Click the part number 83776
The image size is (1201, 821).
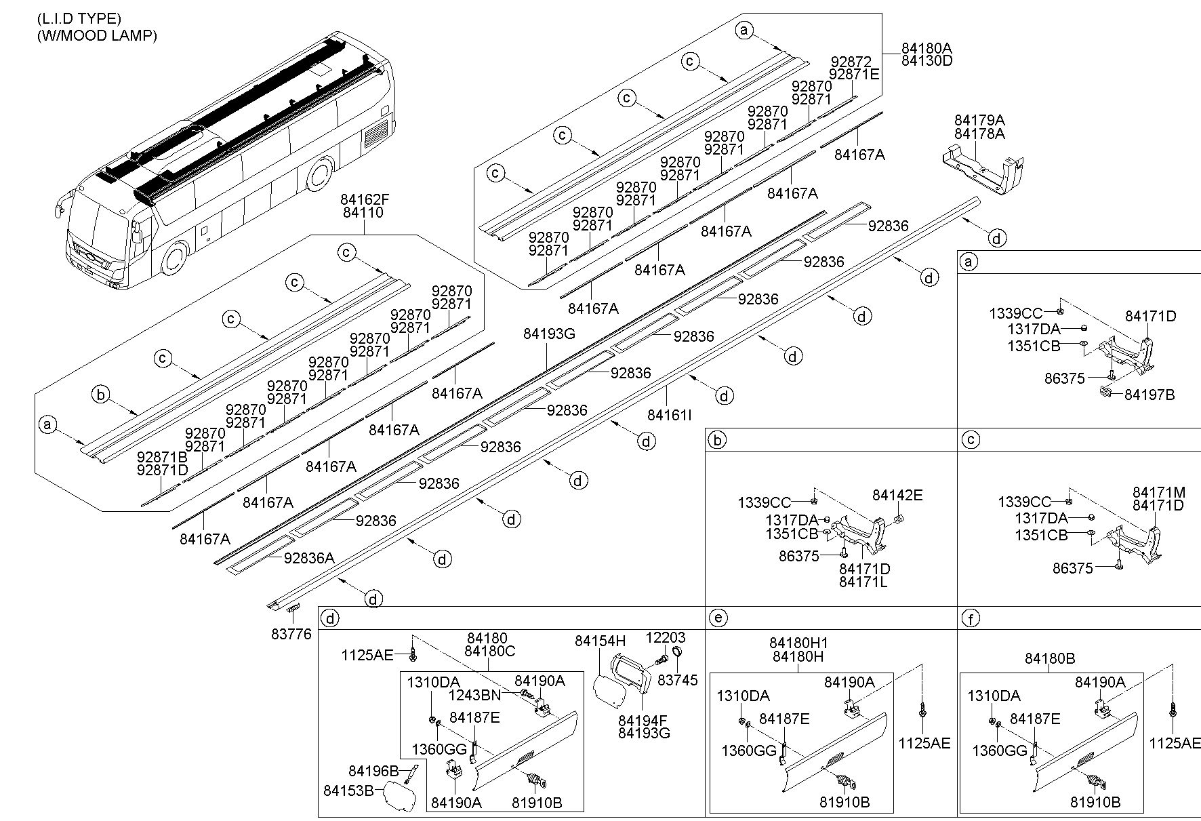point(291,634)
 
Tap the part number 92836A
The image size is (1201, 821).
point(309,558)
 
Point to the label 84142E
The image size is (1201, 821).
point(897,496)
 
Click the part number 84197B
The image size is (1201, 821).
point(1149,395)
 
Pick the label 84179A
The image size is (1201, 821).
point(979,121)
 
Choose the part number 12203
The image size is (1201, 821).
point(665,637)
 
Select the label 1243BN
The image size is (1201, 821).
point(474,694)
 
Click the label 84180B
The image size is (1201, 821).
point(1050,658)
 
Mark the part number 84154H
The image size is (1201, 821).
point(600,641)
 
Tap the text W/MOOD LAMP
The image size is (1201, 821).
point(97,36)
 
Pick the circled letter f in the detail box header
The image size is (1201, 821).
point(971,618)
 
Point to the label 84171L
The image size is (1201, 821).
point(863,582)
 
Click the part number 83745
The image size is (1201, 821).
point(678,680)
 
